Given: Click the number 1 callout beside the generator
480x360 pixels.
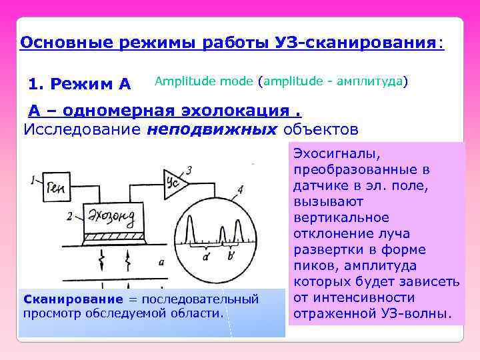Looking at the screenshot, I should pyautogui.click(x=33, y=180).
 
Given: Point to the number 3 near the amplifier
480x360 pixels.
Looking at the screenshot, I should pyautogui.click(x=189, y=171).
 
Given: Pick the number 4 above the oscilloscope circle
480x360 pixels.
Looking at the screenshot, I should pyautogui.click(x=239, y=190).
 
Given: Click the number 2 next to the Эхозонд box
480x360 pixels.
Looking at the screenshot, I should pyautogui.click(x=71, y=215).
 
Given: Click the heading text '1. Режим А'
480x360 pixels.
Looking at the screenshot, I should pyautogui.click(x=80, y=84).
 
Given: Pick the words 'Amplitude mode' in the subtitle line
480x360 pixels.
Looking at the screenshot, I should pyautogui.click(x=204, y=81).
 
